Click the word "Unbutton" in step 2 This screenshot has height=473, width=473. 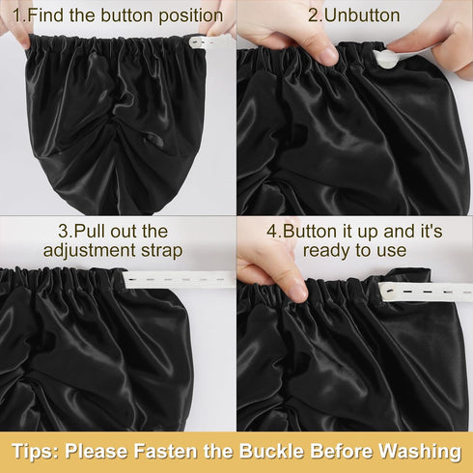coord(362,15)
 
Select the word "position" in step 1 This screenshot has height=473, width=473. coord(191,16)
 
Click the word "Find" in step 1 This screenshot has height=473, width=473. coord(45,15)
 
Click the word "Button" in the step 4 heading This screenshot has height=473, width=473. coord(310,232)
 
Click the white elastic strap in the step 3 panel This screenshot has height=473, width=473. coord(180,279)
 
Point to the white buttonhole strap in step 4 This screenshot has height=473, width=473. coord(426,292)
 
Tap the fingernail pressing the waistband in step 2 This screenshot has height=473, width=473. coord(328,55)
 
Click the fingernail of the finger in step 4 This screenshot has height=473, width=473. coord(298,292)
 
